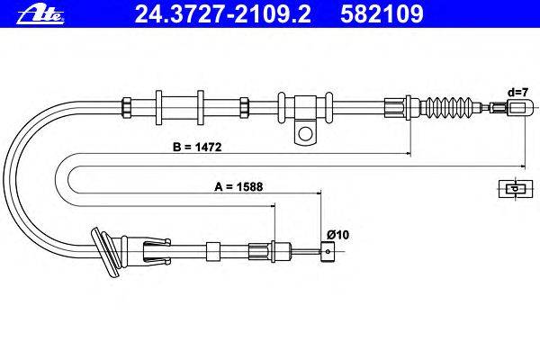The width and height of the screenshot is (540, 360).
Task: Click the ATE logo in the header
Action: (40, 14)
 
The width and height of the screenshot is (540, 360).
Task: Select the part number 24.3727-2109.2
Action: (223, 14)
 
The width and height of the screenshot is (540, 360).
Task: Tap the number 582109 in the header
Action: (382, 14)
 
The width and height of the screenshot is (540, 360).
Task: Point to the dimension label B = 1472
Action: (197, 147)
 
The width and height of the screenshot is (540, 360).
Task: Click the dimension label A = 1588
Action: (238, 186)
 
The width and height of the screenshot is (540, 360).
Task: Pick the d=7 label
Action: (517, 93)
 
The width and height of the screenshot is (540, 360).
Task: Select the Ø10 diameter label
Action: (337, 235)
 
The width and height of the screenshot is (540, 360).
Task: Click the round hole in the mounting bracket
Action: (305, 133)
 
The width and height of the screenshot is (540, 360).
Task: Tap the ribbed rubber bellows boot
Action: (447, 106)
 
